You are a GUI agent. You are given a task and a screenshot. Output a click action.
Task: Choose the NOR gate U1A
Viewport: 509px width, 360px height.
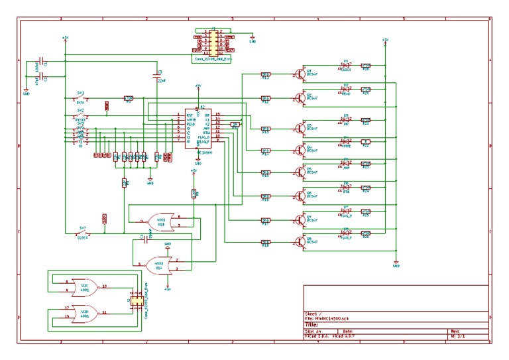tap(161, 265)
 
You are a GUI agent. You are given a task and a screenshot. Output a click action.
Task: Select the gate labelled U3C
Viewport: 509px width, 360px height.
tap(84, 286)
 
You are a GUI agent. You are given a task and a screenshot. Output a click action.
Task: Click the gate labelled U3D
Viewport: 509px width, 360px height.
tap(84, 312)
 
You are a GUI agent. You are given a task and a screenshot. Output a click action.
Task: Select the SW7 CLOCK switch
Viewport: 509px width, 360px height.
tap(82, 233)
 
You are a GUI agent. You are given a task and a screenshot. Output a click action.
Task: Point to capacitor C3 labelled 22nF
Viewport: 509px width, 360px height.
tap(158, 76)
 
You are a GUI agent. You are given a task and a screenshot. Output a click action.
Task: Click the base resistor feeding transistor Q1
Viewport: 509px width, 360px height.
tap(265, 74)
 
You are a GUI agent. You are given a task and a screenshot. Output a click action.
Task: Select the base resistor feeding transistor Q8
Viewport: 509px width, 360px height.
tap(265, 241)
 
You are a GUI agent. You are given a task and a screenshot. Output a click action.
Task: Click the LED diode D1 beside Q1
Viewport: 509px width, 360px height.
tap(346, 66)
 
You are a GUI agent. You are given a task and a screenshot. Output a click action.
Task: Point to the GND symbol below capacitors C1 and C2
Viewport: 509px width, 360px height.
tap(26, 92)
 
